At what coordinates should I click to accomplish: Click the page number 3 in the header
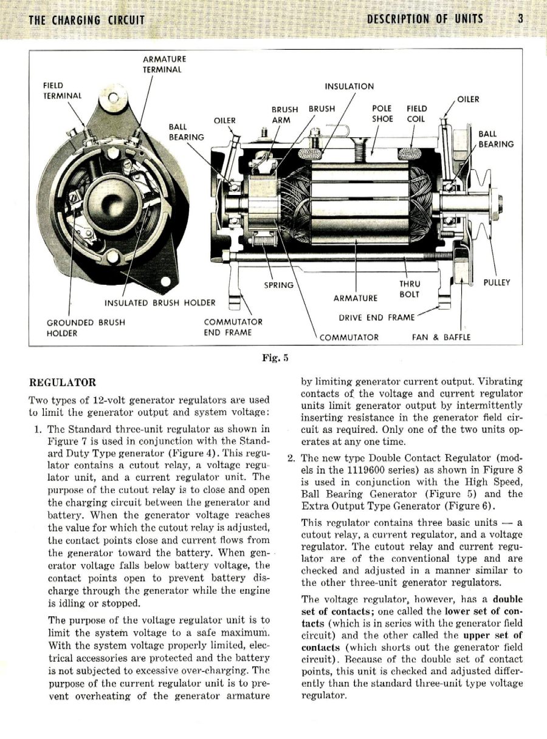(x=521, y=19)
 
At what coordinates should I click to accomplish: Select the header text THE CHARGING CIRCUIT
(x=87, y=20)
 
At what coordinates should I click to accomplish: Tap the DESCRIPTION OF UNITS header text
(x=425, y=19)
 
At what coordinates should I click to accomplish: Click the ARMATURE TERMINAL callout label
(x=164, y=64)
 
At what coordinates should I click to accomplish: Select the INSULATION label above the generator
(x=349, y=86)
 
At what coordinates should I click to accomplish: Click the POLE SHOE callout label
(x=382, y=114)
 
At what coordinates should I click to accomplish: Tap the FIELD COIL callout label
(x=416, y=114)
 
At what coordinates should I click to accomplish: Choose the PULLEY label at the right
(x=496, y=282)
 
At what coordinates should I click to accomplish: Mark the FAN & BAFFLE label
(x=441, y=337)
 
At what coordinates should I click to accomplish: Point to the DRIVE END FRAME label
(x=377, y=317)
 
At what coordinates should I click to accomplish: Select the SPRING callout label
(x=279, y=285)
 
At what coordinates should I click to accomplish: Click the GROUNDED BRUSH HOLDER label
(x=86, y=328)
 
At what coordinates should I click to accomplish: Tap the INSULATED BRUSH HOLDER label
(x=160, y=302)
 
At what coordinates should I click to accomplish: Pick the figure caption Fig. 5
(x=274, y=358)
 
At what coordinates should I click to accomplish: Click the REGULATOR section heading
(x=63, y=383)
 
